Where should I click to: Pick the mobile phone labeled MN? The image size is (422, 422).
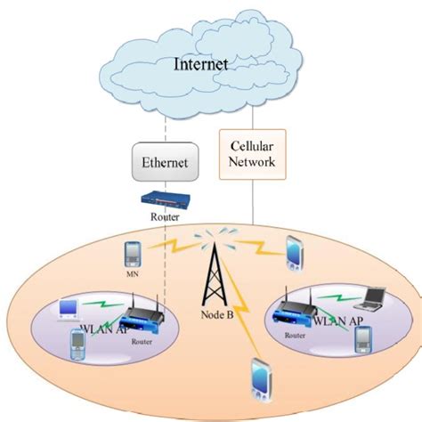pyautogui.click(x=132, y=252)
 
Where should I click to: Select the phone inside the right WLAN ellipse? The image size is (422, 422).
pyautogui.click(x=362, y=339)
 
